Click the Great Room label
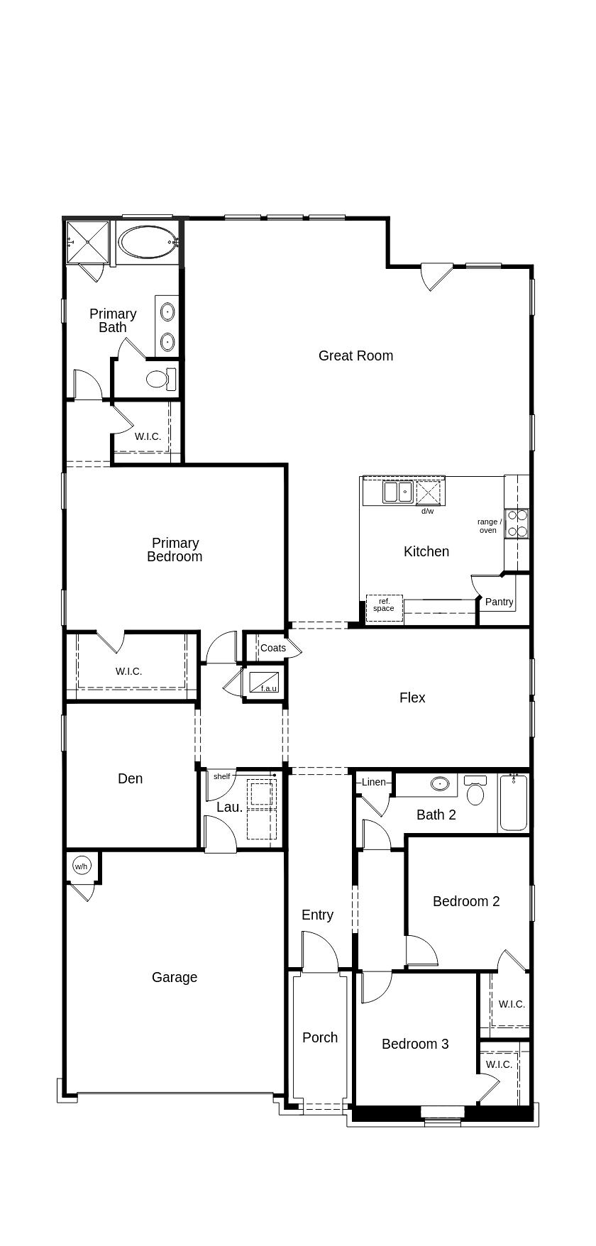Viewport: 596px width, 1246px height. tap(355, 355)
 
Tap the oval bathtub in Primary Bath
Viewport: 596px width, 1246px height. tap(147, 243)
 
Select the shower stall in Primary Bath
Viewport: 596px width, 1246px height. tap(88, 242)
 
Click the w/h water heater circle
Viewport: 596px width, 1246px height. tap(82, 866)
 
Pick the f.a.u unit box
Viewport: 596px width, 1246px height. tap(264, 683)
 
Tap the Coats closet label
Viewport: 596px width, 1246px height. tap(273, 648)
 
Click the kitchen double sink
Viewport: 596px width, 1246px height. tap(398, 492)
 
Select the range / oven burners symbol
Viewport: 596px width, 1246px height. tap(517, 524)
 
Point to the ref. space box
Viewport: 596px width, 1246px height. tap(384, 608)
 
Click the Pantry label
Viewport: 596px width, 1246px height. tap(499, 602)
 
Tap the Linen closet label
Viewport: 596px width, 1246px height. tap(374, 782)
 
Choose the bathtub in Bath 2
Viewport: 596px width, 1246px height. tap(514, 803)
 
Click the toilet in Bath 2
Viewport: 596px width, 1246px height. tap(475, 790)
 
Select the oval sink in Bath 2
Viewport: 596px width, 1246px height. tap(440, 783)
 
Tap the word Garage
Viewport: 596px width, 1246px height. tap(175, 977)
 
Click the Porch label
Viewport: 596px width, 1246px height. tap(320, 1037)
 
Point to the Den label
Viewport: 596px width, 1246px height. tap(131, 778)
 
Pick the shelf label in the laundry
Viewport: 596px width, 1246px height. tap(222, 776)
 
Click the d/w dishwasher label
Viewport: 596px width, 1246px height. tap(427, 511)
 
